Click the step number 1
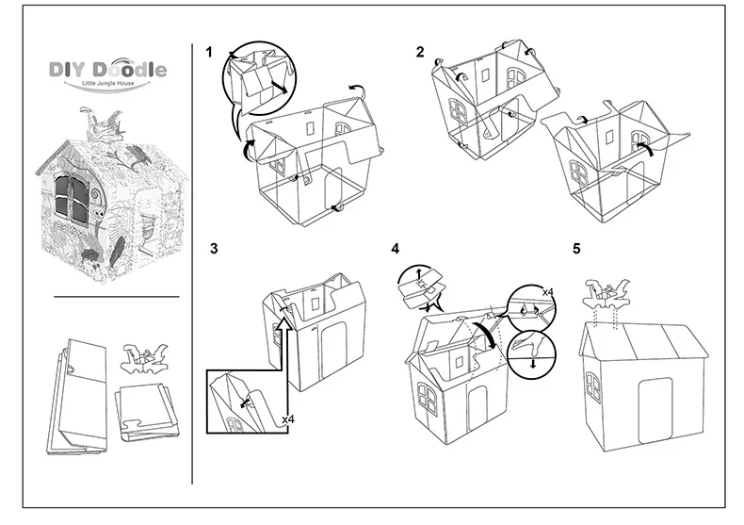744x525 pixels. [210, 51]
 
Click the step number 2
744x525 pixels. [420, 51]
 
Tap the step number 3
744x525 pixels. [214, 249]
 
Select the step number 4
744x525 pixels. [396, 249]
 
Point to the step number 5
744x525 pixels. [576, 249]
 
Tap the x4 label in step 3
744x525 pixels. [286, 415]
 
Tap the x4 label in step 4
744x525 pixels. [548, 293]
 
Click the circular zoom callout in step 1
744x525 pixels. [256, 82]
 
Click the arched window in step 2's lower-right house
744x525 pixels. [577, 169]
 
